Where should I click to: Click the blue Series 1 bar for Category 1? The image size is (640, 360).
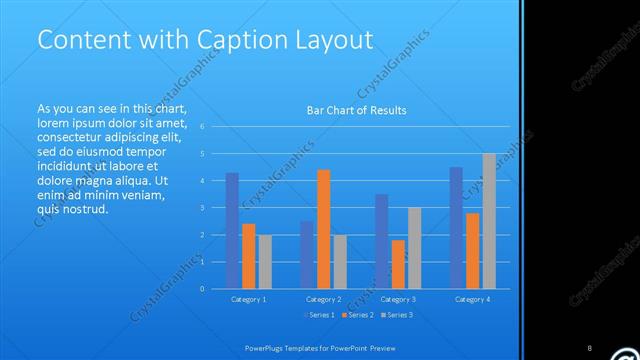point(232,231)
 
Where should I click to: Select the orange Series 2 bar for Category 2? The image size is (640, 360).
point(323,229)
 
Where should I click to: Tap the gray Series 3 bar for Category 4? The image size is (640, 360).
point(489,221)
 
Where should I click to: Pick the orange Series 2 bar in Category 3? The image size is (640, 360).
point(398,264)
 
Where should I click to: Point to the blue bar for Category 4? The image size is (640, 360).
point(456,228)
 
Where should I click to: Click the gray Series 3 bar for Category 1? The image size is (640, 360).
point(264,262)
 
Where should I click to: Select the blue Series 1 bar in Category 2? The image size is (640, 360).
point(307,255)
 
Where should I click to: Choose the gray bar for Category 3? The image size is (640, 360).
point(414,248)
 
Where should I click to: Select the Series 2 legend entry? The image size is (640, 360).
point(357,315)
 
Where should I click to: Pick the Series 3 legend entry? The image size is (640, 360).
point(396,315)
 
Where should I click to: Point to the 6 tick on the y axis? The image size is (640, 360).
point(202,127)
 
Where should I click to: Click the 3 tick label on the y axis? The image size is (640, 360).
point(202,208)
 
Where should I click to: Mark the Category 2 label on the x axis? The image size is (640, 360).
point(323,300)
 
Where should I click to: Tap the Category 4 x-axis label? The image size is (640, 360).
point(473,300)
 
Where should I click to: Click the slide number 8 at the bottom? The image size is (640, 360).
point(589,348)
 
